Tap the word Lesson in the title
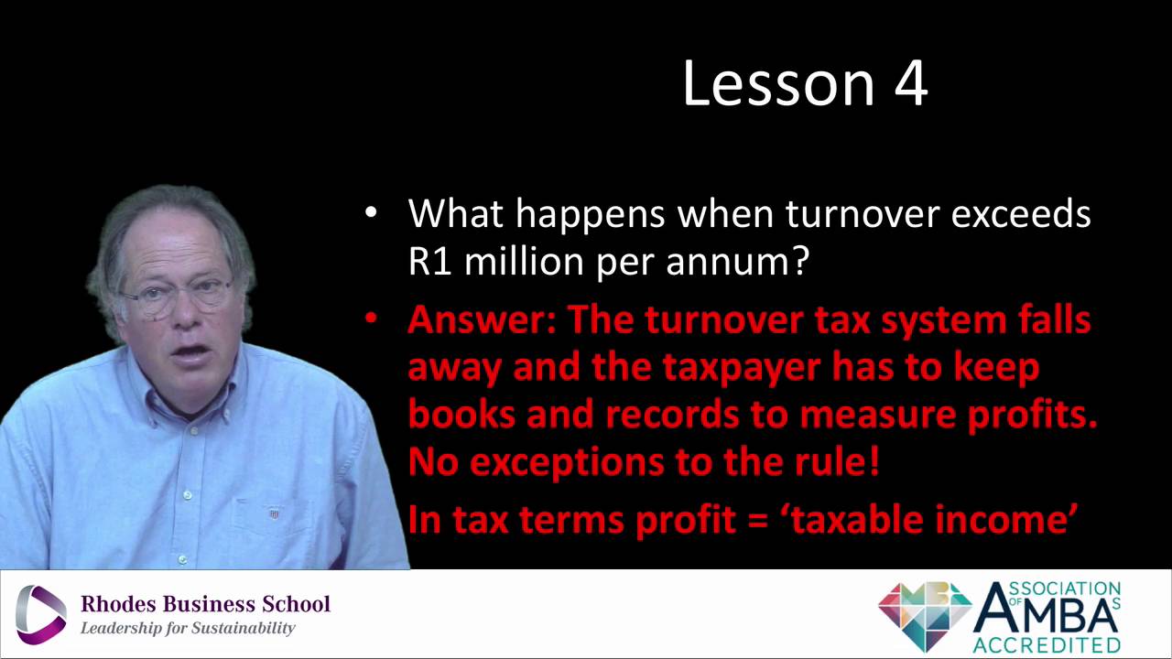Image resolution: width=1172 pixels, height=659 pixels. point(779,83)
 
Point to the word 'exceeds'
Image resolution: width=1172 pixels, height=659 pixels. point(1021,213)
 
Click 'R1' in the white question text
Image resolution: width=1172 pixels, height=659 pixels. point(429,261)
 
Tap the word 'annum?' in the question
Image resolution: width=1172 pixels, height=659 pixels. point(738,263)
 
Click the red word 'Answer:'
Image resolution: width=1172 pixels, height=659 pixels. point(482,319)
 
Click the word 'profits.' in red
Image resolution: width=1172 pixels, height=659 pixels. point(1032,416)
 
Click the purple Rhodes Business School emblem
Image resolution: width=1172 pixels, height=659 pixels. point(41,614)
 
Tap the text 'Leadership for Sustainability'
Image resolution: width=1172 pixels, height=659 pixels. point(188,628)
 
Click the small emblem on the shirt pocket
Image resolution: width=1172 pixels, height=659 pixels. point(274,514)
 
